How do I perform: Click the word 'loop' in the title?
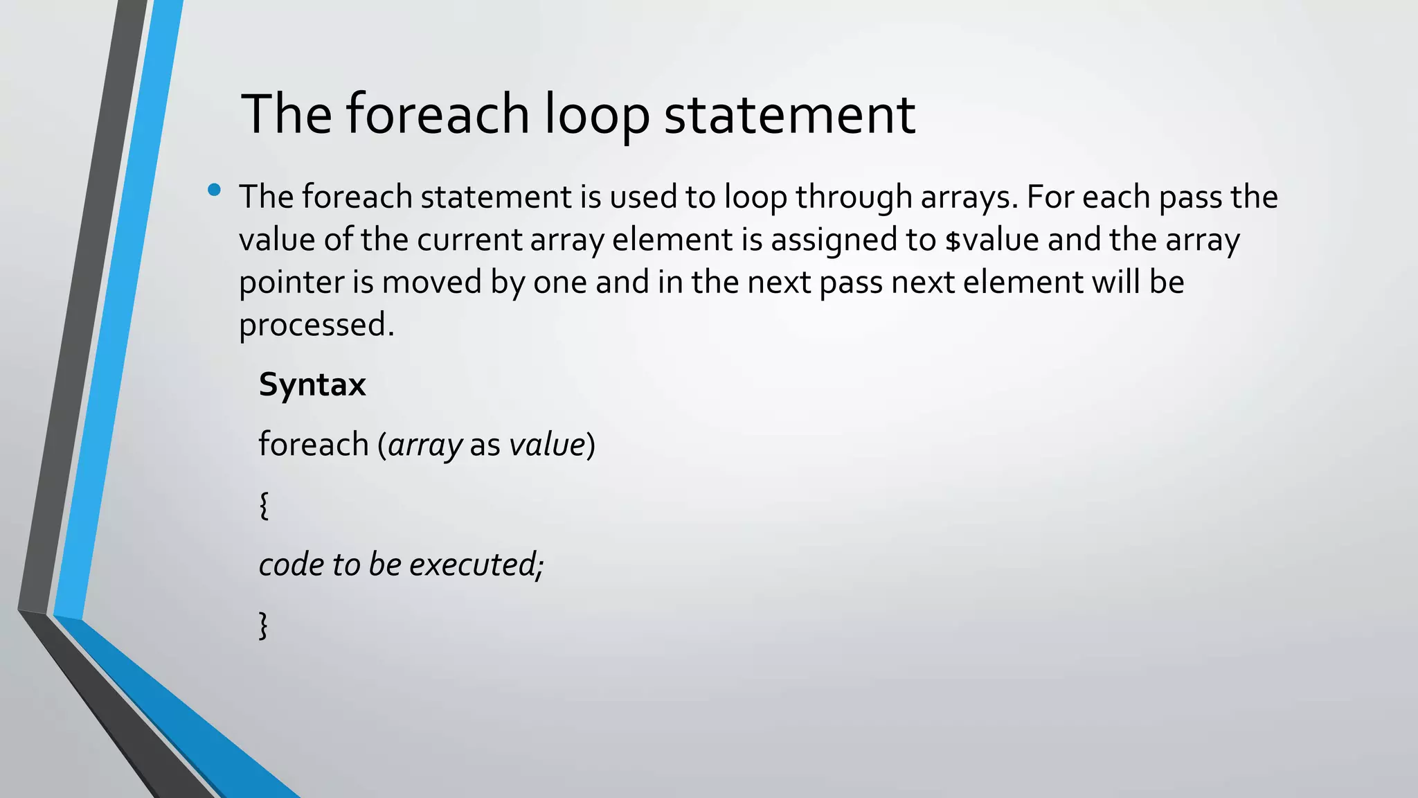596,114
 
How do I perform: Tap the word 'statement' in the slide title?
789,114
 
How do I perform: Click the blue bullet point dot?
214,190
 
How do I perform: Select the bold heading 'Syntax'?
312,384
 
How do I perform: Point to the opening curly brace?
263,505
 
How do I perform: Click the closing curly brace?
263,625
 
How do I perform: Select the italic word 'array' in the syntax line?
425,445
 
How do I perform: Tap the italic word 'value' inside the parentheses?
547,444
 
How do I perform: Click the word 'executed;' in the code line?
476,565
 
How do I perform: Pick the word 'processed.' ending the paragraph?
316,325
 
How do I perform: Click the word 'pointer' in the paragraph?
291,283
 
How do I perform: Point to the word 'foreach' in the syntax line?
313,444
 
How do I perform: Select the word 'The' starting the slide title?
286,114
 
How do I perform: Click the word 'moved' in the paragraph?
431,283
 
